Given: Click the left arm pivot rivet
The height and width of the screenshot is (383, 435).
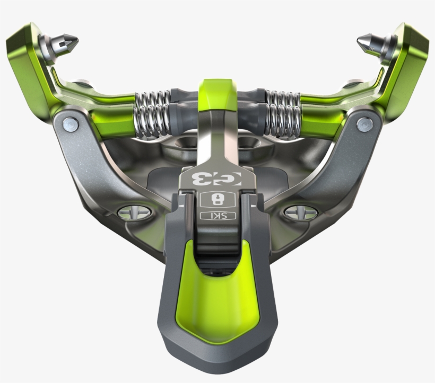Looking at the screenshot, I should pyautogui.click(x=70, y=125).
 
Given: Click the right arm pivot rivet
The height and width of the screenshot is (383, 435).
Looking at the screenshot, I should pyautogui.click(x=363, y=125).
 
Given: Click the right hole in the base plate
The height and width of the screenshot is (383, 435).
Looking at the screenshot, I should pyautogui.click(x=248, y=141).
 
